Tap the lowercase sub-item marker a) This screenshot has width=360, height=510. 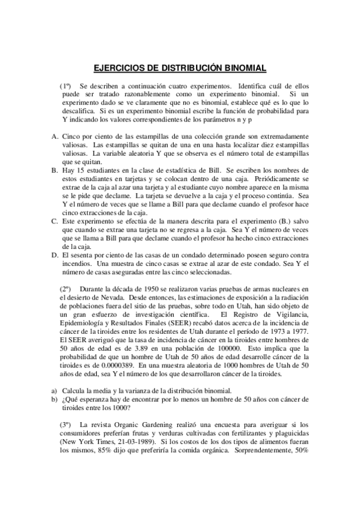click(x=54, y=390)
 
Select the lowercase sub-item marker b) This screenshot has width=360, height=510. click(x=54, y=399)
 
